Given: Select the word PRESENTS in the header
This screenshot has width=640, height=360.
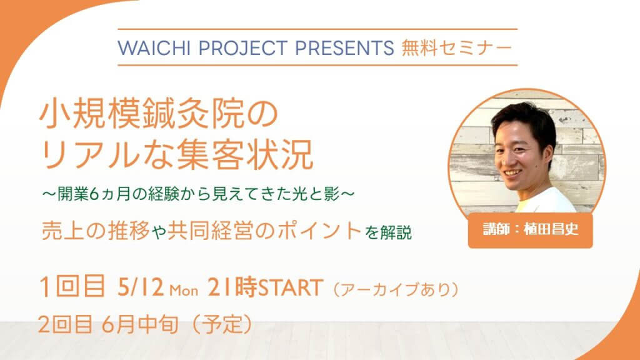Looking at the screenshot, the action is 345,47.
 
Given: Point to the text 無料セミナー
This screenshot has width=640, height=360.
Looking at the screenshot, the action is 457,47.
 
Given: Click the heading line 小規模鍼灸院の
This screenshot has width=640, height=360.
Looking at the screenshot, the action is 159,115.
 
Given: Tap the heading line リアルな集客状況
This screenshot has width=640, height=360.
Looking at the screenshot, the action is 177,155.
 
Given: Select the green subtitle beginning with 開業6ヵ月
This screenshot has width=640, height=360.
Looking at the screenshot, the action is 198,194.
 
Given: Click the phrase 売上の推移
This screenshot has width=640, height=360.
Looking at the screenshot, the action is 96,231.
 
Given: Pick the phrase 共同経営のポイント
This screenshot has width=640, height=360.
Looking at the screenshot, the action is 264,231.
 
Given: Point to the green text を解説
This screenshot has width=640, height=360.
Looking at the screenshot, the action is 388,232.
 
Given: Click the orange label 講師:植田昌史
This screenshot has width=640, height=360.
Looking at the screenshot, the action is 530,229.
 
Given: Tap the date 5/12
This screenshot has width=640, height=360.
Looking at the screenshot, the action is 141,287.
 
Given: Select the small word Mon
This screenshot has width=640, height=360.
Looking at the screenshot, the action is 184,290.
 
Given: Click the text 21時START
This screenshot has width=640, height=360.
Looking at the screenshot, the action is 266,287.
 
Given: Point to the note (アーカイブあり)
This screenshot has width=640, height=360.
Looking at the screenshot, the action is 396,289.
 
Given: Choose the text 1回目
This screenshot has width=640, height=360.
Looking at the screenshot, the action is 72,286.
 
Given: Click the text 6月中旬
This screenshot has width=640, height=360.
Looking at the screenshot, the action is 140,325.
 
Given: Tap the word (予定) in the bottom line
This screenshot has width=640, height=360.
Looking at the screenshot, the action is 222,324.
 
